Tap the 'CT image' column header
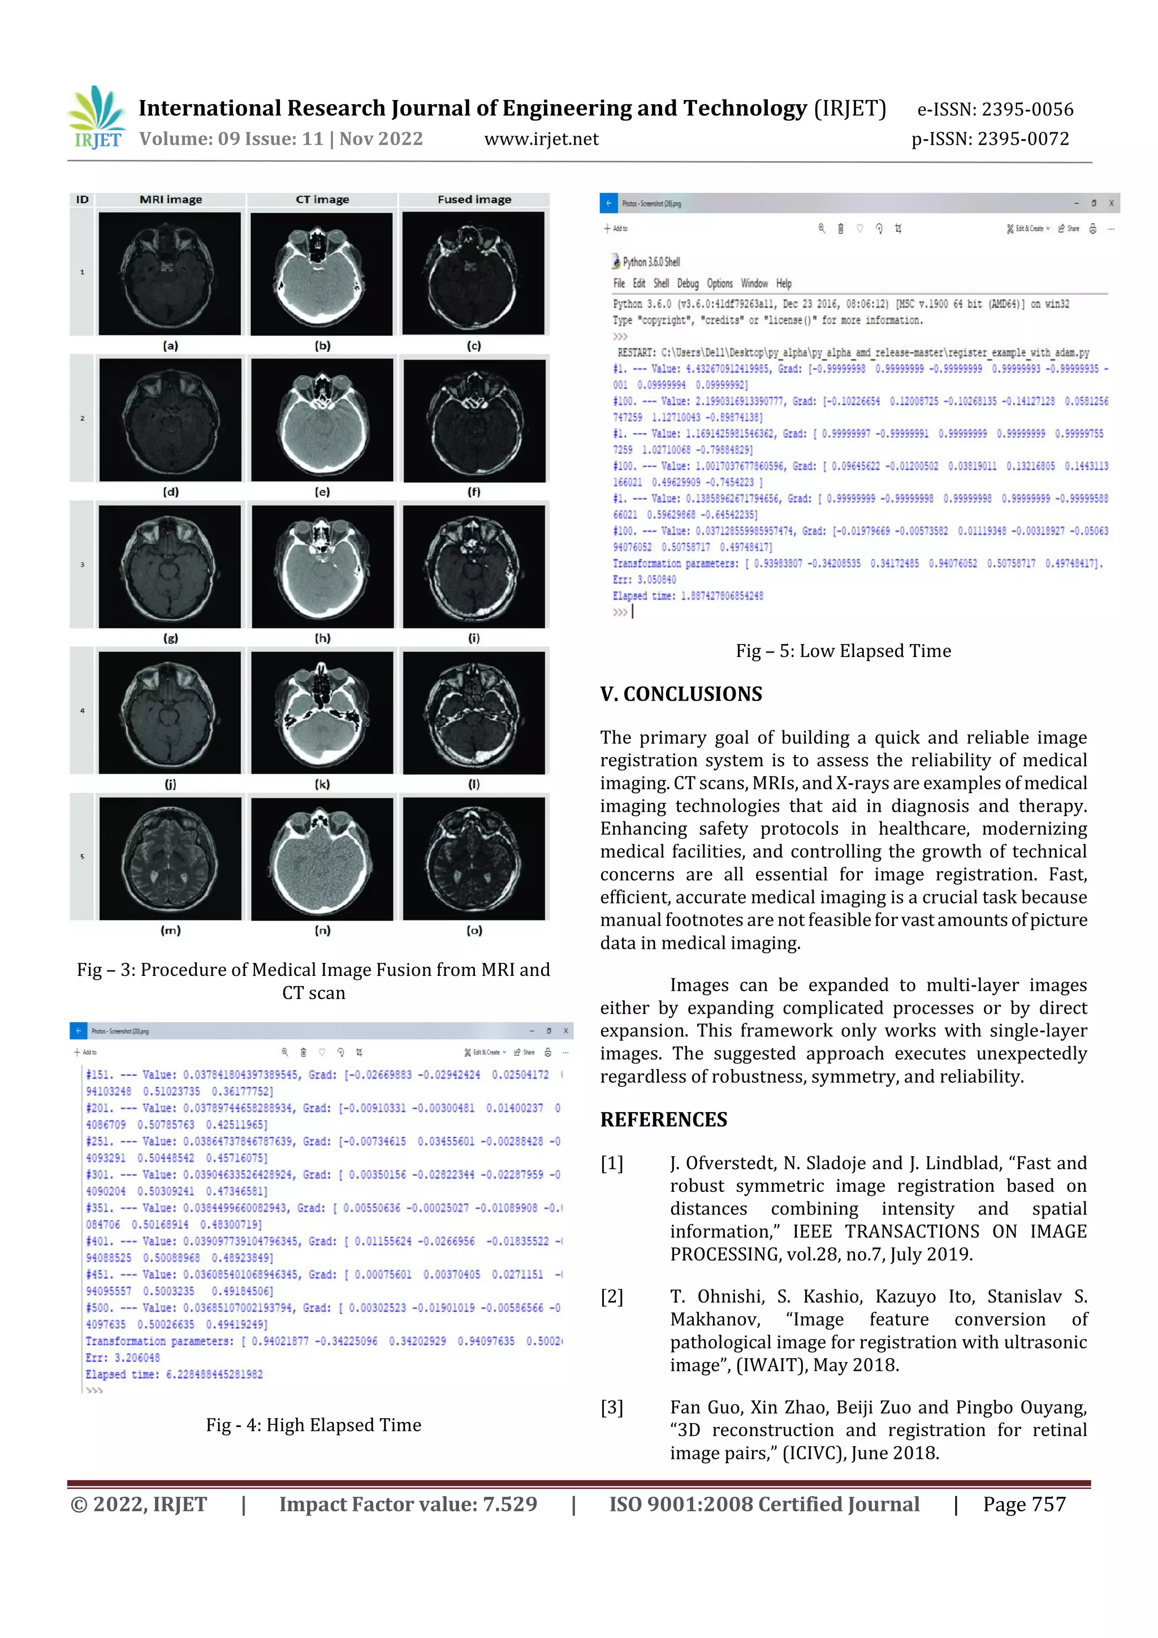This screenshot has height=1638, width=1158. [x=322, y=200]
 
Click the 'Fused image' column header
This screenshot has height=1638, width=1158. [x=474, y=200]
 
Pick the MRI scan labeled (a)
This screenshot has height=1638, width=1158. [x=170, y=273]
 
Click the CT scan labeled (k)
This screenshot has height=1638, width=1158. [x=322, y=712]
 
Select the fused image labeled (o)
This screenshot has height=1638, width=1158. [x=474, y=858]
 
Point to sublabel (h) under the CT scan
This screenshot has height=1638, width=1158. [x=322, y=638]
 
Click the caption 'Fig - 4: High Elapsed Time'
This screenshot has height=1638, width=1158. [x=313, y=1425]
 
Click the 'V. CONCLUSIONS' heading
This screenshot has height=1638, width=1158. [x=681, y=694]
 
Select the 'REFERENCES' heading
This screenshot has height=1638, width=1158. [x=664, y=1120]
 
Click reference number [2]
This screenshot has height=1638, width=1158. [x=611, y=1296]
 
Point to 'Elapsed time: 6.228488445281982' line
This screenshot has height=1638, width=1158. [x=174, y=1374]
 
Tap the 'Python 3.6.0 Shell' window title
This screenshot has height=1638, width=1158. [x=651, y=262]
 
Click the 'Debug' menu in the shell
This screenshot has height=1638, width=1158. [x=688, y=283]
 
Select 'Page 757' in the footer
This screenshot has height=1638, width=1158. [x=1024, y=1505]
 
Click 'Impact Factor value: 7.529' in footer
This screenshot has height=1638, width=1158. [x=408, y=1505]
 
